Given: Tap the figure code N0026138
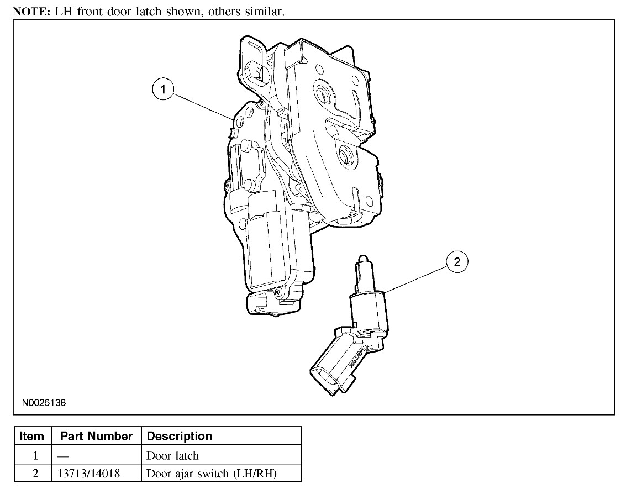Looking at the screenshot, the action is [44, 403].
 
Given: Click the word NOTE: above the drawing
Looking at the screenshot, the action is [31, 12].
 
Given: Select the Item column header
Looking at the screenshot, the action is [31, 436].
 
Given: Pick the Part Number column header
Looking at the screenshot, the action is [96, 436].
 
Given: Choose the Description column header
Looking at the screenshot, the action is [180, 436].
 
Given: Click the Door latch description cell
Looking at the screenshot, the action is [172, 455].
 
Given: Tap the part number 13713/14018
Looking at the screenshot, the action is [89, 473].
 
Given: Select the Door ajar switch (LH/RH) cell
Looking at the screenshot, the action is [212, 473].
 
